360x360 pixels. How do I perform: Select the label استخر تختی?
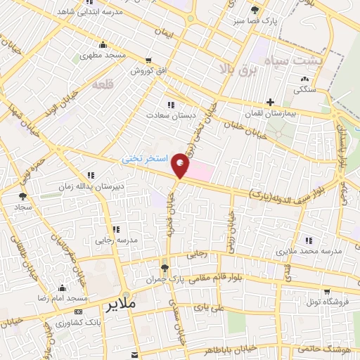[146, 160]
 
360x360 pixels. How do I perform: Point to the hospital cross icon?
[270, 102]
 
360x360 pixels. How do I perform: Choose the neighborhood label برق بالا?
[235, 68]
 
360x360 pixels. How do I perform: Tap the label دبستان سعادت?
[167, 114]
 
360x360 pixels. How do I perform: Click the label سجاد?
[20, 208]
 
